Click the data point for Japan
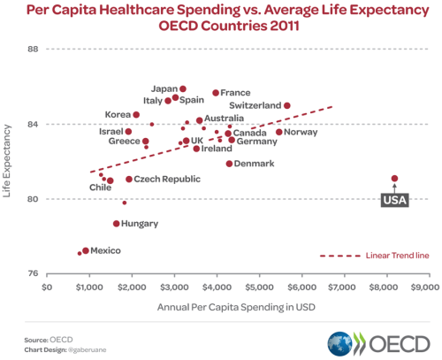[183, 89]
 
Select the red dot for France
[216, 93]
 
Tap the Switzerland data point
[287, 106]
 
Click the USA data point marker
[394, 179]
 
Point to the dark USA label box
[393, 201]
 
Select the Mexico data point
[86, 251]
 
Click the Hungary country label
[140, 224]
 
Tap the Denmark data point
[229, 164]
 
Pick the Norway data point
[279, 133]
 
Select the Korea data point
[136, 115]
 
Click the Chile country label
[100, 188]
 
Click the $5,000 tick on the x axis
[259, 287]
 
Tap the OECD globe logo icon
[341, 343]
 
